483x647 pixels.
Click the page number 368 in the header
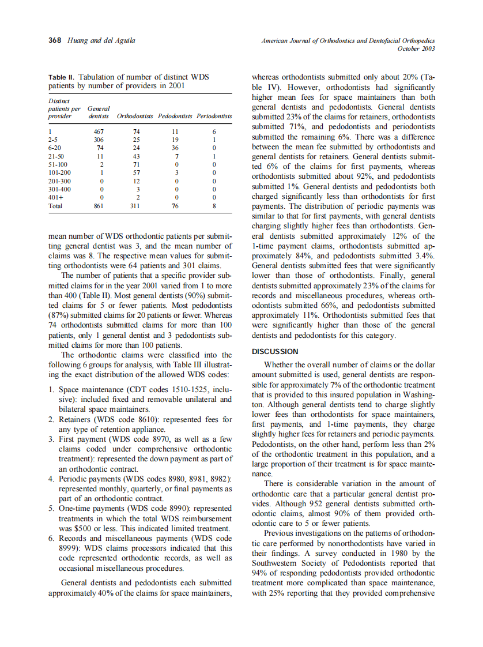[55, 40]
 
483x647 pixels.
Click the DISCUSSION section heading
[275, 351]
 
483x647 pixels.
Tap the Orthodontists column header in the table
[135, 116]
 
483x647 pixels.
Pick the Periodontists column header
[214, 116]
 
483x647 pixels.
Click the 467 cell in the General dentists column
[99, 131]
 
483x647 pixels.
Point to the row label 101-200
[59, 172]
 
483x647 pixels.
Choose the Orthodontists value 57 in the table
[137, 172]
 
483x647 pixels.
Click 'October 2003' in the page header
[416, 49]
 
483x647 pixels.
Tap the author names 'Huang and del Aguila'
[101, 40]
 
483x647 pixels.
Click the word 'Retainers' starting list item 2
[77, 419]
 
